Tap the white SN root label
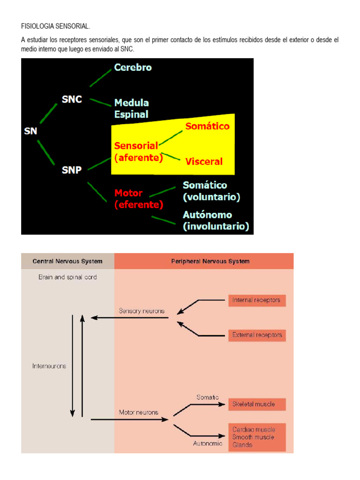click(x=30, y=131)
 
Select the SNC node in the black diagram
click(x=72, y=99)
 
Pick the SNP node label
click(x=72, y=170)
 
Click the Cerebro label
click(x=133, y=67)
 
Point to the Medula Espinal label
click(x=132, y=108)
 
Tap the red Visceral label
click(x=204, y=162)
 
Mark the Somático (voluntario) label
click(x=211, y=191)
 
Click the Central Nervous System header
click(x=67, y=261)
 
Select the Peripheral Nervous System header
click(x=203, y=261)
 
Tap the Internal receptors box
click(x=257, y=300)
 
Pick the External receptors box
click(x=257, y=335)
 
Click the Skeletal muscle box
click(x=257, y=404)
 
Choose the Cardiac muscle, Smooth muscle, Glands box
click(x=257, y=437)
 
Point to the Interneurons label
click(x=49, y=366)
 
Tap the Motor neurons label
click(x=139, y=412)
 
